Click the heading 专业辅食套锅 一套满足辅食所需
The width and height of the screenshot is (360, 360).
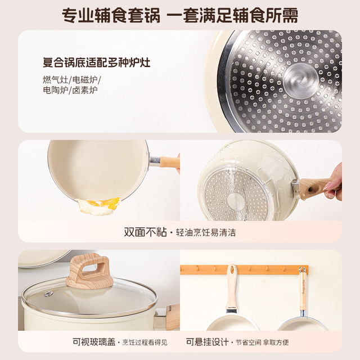180,15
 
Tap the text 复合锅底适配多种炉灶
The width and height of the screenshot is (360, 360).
97,62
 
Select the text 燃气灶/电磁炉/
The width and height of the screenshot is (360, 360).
72,80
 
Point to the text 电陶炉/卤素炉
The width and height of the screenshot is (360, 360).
70,90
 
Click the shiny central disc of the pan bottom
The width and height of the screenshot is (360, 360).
300,81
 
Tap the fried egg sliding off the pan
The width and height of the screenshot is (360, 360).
99,206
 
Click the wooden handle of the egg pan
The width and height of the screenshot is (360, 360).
169,162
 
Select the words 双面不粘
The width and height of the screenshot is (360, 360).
145,232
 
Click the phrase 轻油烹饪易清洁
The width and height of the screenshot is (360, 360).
206,232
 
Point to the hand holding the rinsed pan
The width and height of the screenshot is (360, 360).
334,182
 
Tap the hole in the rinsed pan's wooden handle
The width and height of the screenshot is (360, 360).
311,190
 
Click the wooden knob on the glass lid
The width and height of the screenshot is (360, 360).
90,272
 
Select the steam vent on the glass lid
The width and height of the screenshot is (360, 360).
48,294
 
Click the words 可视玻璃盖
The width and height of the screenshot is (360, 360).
94,342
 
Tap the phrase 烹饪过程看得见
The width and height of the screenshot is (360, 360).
145,343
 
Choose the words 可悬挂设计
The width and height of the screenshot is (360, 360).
208,342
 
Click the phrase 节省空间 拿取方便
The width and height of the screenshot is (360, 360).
262,343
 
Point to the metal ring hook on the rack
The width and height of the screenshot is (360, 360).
302,269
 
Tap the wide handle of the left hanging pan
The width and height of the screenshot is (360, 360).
232,287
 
